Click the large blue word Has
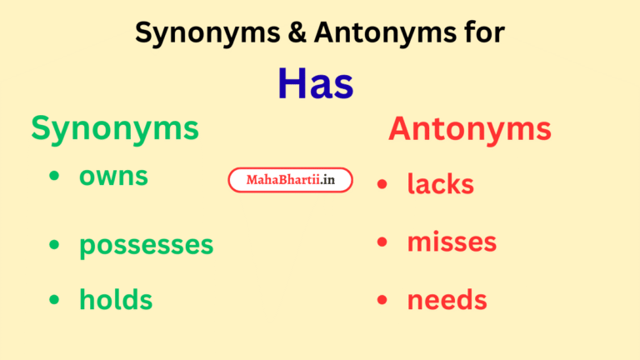coord(316,83)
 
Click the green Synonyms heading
coord(115,128)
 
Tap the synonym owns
coord(113,176)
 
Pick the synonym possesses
coord(146,245)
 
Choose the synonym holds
coord(116,299)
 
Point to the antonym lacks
coord(440,184)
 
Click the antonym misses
coord(452,242)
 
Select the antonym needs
coord(447,299)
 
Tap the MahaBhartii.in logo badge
coord(290,180)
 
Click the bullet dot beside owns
coord(54,177)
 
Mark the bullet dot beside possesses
coord(54,244)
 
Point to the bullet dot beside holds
coord(54,299)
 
